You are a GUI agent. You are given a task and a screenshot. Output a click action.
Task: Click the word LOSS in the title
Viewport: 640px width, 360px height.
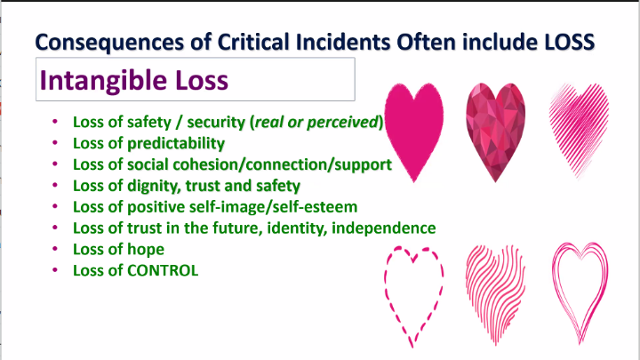569,42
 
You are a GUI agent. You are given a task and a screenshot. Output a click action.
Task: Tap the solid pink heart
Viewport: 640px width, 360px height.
414,132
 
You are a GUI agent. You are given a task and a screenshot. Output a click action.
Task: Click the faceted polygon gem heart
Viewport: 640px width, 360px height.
495,132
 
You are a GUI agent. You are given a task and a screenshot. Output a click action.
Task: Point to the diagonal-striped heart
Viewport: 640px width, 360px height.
579,130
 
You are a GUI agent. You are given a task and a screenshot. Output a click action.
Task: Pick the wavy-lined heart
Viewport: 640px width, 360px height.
495,294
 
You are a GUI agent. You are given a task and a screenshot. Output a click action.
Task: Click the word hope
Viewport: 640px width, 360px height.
146,250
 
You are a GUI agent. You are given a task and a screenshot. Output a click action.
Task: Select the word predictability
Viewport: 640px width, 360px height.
176,144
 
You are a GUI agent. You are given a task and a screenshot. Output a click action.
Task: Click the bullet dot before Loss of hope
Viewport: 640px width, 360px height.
55,249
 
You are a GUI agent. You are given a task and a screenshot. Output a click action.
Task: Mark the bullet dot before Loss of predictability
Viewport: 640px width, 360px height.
55,142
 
